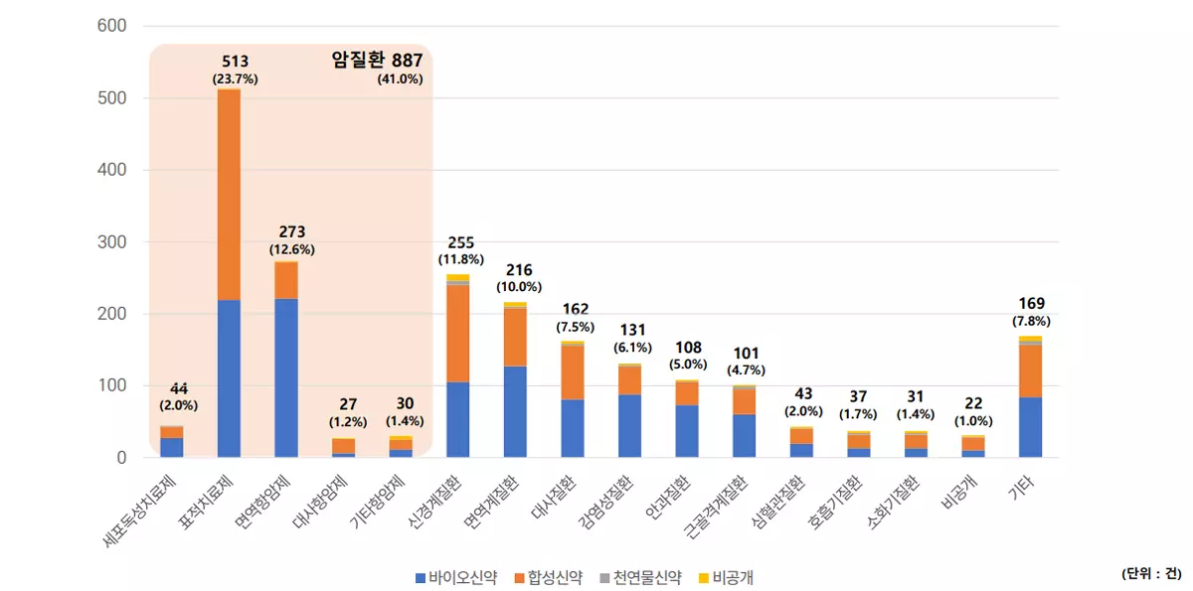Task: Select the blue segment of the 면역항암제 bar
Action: point(286,377)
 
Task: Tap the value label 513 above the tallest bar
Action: point(235,62)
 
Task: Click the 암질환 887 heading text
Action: point(377,60)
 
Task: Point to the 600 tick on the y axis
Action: point(112,26)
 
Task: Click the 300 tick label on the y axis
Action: point(112,242)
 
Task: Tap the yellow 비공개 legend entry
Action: point(732,577)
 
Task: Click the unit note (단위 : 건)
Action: point(1151,574)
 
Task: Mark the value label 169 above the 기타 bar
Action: point(1030,303)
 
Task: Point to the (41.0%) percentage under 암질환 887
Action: point(400,79)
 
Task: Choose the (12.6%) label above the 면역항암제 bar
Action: point(291,249)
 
